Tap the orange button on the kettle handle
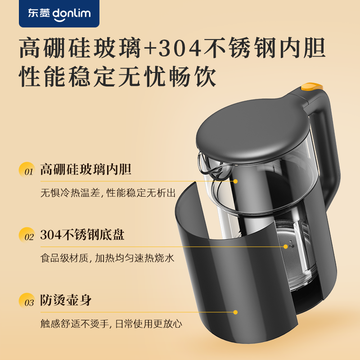[313, 85]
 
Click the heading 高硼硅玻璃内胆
[86, 170]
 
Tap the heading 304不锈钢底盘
[82, 235]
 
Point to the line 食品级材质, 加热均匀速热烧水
[107, 258]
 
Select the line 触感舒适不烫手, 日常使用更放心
[111, 324]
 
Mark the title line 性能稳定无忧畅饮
[117, 77]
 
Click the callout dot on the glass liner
[235, 181]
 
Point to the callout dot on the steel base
[285, 246]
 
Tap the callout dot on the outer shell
[235, 311]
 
